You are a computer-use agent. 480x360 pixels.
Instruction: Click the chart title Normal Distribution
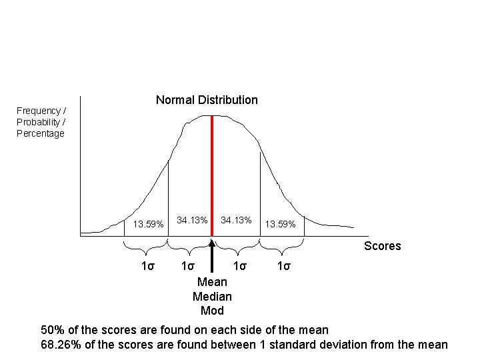point(207,100)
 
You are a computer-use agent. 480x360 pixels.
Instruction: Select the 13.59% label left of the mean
point(148,224)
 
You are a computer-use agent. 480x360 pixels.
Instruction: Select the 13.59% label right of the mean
point(281,224)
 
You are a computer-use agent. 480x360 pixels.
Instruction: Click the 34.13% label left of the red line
point(192,220)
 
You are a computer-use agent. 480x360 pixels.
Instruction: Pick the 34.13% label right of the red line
point(236,220)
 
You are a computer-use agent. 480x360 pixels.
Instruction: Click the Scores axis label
point(382,246)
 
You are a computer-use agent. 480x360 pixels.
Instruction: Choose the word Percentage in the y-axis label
point(41,133)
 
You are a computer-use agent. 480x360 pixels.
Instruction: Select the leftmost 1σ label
point(148,267)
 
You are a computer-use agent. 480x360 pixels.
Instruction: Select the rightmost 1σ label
point(284,267)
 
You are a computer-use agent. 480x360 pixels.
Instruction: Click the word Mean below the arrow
point(212,282)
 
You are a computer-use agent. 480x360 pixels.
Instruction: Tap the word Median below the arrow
point(212,296)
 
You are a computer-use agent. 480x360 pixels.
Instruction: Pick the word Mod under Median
point(212,311)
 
